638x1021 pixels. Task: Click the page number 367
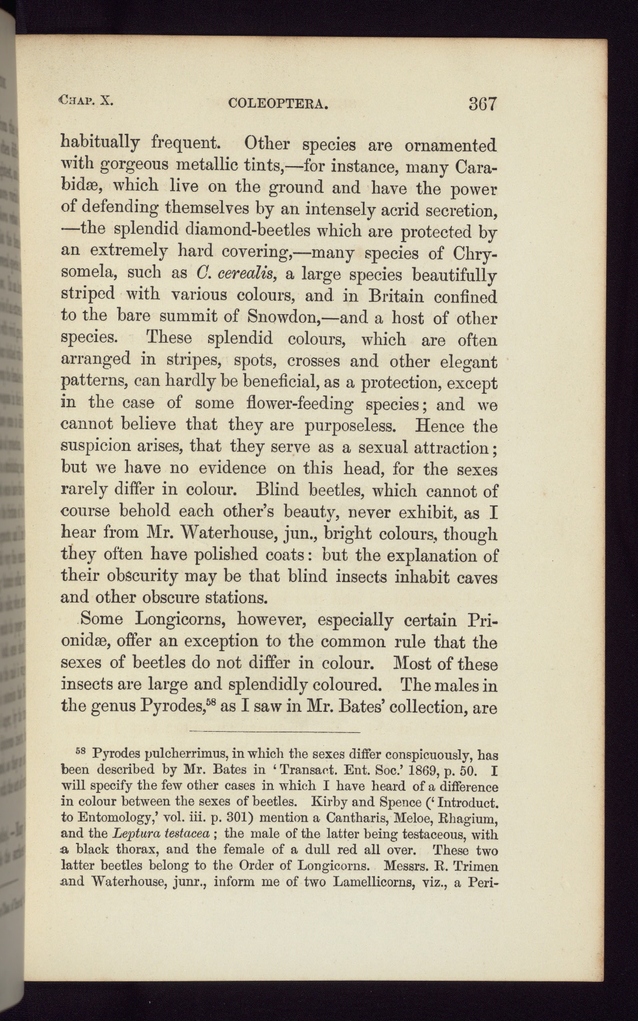483,104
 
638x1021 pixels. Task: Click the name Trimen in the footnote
475,867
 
